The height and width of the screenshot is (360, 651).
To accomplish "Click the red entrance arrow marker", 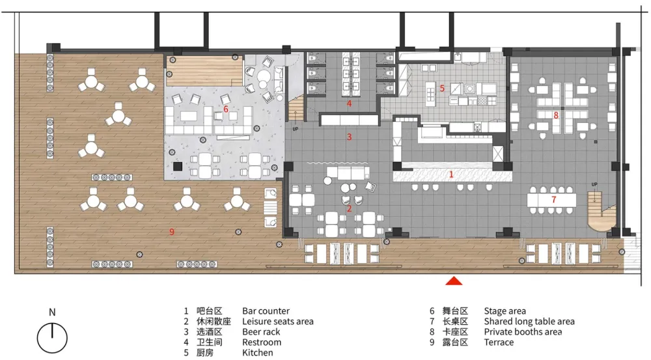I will (454, 281).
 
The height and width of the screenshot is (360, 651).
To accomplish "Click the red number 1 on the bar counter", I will (450, 174).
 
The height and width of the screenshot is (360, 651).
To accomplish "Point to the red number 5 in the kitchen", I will (441, 88).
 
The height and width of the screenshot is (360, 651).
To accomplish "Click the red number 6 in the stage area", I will (225, 109).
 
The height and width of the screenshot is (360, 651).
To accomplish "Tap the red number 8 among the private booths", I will (555, 115).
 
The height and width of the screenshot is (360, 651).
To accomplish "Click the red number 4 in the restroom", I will (349, 104).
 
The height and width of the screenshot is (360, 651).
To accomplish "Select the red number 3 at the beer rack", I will (349, 137).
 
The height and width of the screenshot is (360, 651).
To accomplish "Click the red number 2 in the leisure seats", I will (349, 208).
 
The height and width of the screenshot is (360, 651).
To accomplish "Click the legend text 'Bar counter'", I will (266, 311).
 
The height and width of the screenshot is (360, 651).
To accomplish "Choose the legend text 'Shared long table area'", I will (529, 322).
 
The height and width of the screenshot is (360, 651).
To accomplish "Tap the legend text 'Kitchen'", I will (257, 353).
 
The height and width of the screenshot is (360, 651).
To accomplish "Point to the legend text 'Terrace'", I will (499, 342).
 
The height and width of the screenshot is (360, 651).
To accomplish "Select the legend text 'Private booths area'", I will (522, 332).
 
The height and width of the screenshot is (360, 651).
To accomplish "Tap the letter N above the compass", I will (52, 312).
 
